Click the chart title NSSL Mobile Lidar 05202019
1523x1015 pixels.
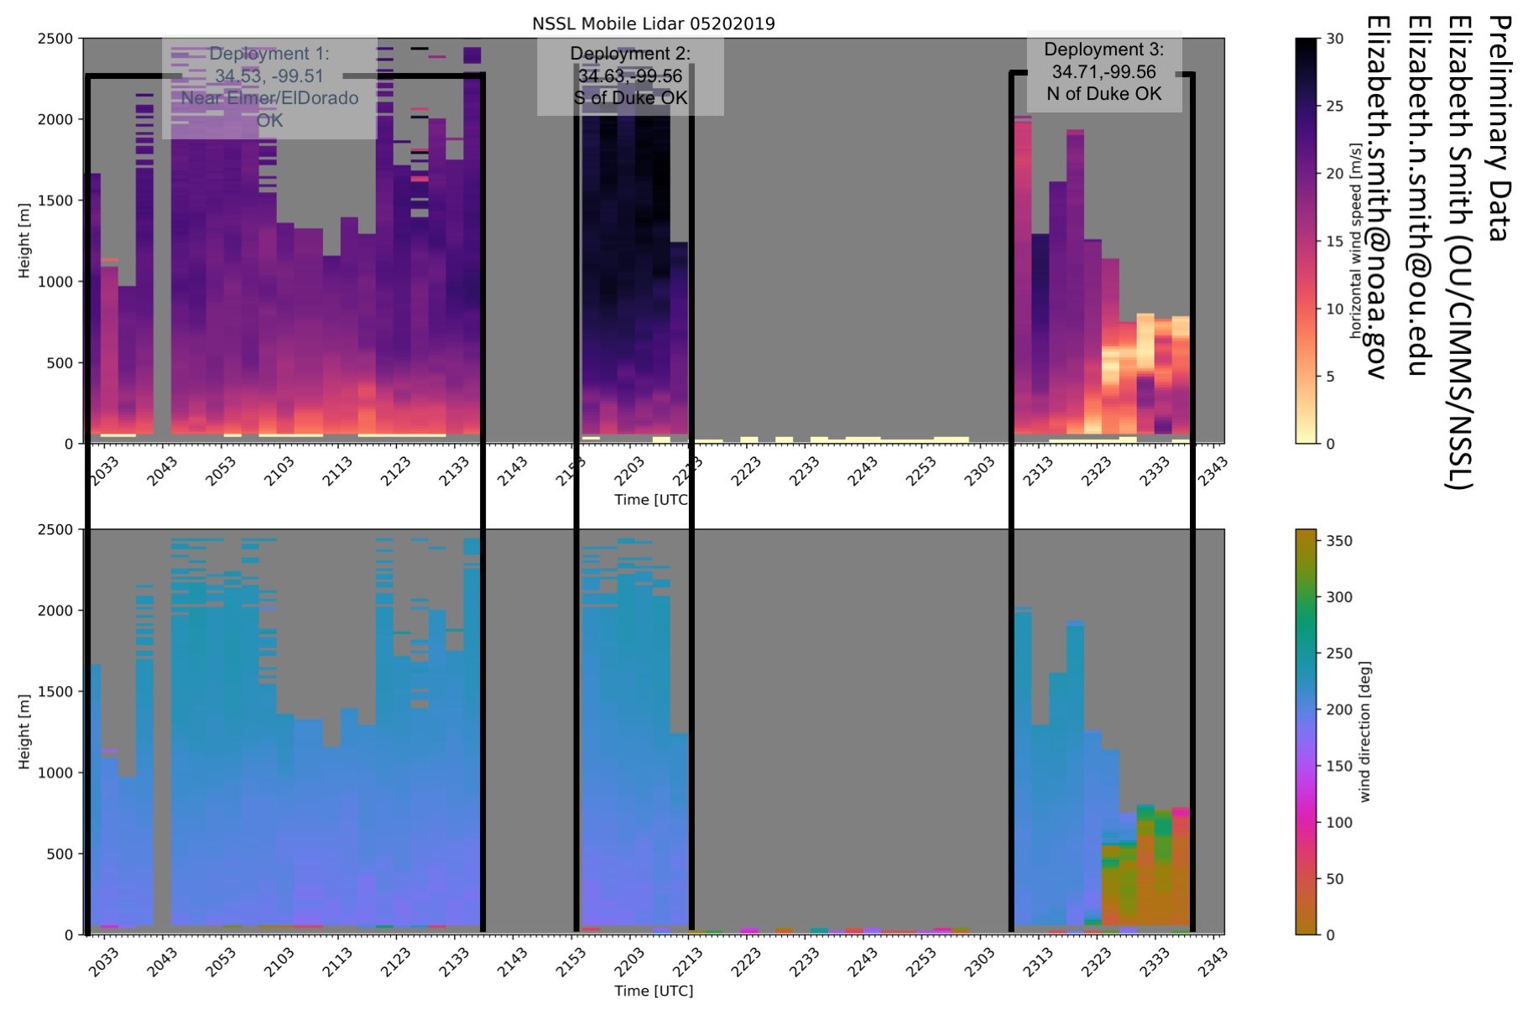point(653,23)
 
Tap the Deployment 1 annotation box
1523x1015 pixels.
point(269,87)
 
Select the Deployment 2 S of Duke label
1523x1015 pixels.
point(630,76)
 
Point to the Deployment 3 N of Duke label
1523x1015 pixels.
point(1103,71)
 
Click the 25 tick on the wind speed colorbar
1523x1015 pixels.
point(1334,107)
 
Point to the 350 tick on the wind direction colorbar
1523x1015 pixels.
point(1338,542)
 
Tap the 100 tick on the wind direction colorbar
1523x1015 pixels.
point(1338,823)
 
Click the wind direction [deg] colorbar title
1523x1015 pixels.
point(1364,731)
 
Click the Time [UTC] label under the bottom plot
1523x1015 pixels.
point(653,991)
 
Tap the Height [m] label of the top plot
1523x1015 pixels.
point(23,241)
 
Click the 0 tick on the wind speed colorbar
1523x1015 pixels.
point(1330,444)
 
